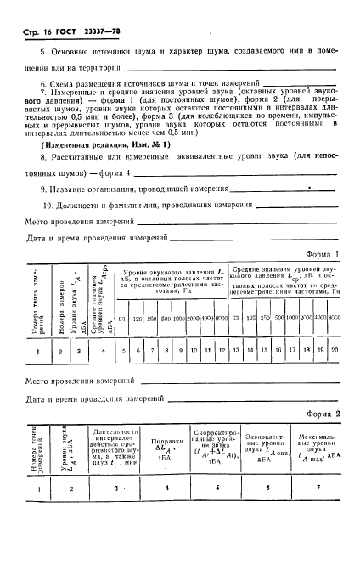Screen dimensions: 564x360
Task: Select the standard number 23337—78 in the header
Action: click(x=102, y=32)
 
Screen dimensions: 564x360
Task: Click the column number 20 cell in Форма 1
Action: click(x=335, y=350)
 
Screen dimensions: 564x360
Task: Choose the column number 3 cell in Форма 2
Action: click(x=112, y=512)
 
